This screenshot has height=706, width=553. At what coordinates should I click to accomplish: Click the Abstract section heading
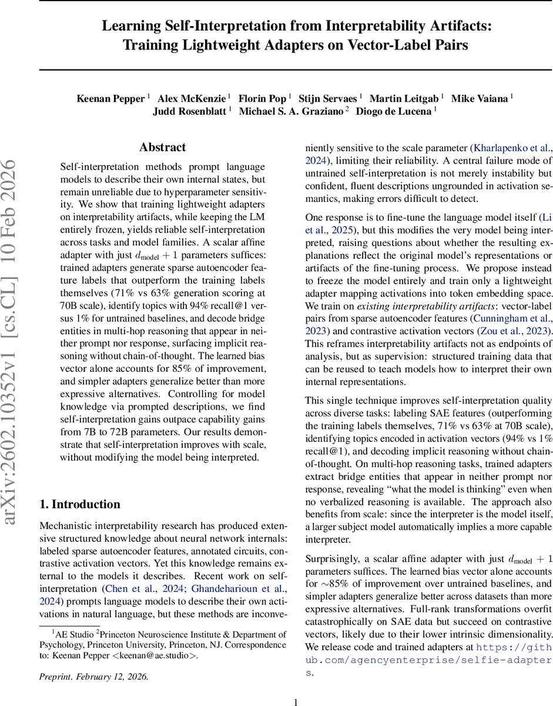coord(162,147)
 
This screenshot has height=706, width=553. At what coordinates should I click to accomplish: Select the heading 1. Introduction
coord(79,504)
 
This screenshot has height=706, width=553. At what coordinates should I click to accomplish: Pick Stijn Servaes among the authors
coord(329,98)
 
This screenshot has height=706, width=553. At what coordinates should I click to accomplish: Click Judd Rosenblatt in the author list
coord(189,111)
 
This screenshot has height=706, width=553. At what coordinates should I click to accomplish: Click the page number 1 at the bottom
coord(296,701)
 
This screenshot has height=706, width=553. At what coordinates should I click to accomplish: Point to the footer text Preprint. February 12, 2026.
coord(94,677)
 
